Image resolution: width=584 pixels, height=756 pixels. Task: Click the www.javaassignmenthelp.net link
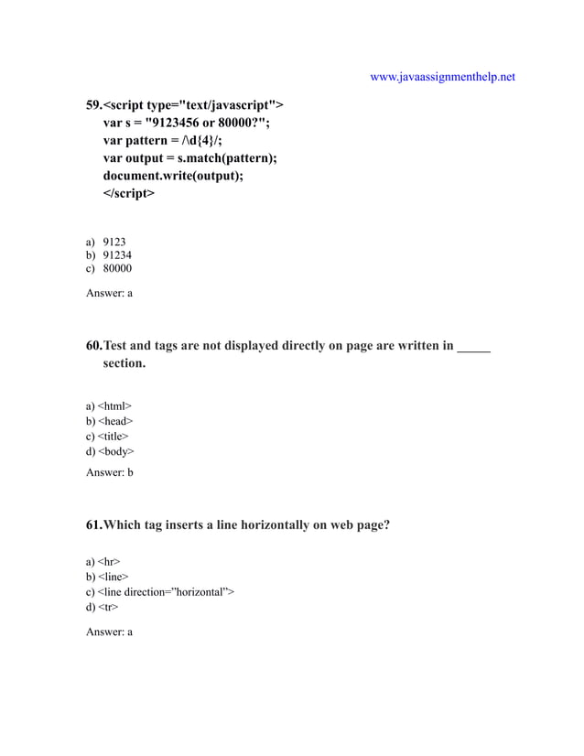point(442,77)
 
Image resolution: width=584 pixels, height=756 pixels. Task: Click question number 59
point(93,104)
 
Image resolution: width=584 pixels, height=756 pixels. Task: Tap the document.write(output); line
point(173,176)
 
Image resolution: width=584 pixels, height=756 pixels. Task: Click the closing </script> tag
point(129,194)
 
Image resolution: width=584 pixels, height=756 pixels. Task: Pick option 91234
point(117,256)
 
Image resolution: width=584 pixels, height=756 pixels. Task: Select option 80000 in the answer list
point(117,270)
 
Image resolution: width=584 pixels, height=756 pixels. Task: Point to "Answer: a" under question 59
point(109,293)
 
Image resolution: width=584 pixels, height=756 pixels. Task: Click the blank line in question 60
point(473,346)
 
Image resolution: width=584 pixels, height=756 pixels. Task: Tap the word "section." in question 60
point(124,363)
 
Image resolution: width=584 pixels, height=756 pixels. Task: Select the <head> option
point(114,421)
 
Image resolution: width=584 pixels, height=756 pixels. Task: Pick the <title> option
point(113,437)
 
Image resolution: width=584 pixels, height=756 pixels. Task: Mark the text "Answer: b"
point(109,472)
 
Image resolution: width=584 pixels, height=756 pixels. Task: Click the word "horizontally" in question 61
point(274,525)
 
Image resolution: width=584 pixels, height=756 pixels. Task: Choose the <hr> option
point(108,561)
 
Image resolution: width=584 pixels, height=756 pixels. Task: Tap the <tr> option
point(107,607)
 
